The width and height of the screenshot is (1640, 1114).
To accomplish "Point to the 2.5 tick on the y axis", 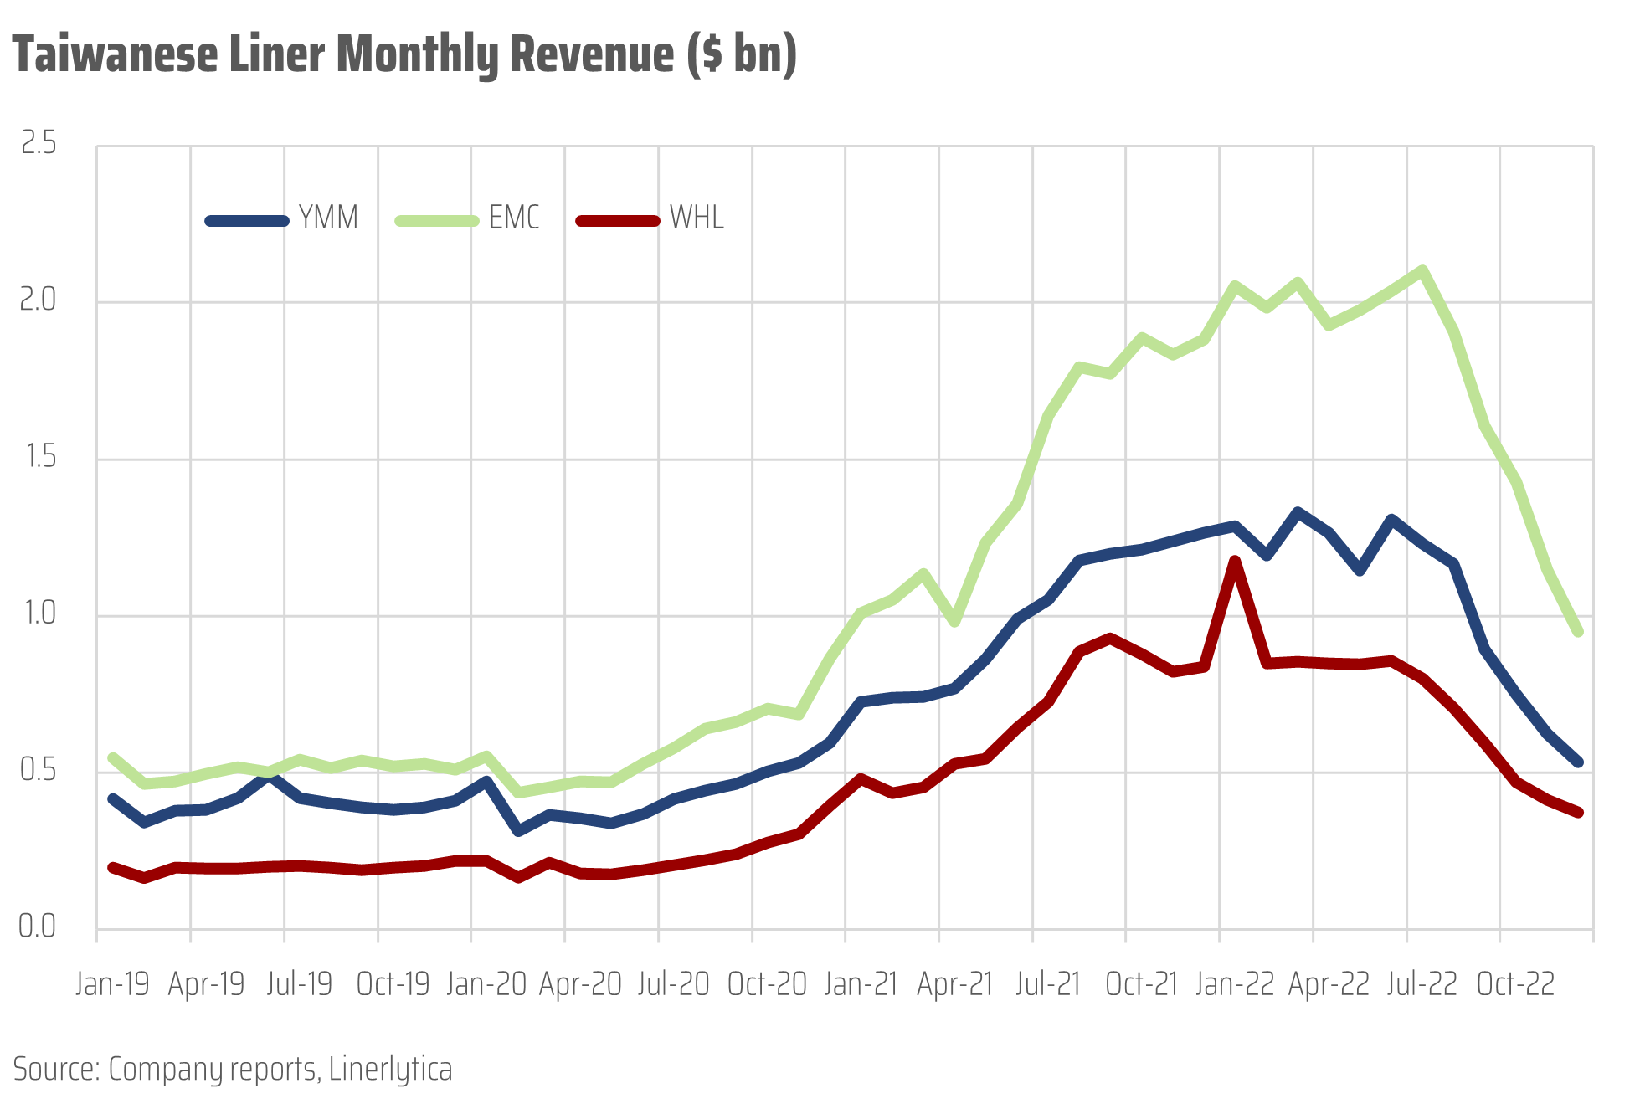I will coord(39,144).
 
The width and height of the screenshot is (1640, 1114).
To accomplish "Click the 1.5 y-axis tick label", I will coord(39,457).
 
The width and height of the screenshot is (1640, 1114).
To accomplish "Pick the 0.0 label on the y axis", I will coord(38,927).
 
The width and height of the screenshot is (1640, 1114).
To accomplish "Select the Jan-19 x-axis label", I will coord(112,984).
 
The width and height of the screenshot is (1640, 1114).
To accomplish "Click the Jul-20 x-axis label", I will coord(673,984).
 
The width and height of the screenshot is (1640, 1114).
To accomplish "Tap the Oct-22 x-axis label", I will coord(1515,984).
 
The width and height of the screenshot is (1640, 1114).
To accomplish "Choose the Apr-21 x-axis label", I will coord(954,984).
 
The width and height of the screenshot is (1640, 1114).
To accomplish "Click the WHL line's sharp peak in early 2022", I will coord(1235,560).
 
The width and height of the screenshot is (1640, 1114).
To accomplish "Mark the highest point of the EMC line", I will coord(1422,270).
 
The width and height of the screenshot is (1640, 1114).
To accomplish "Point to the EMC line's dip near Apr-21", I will coord(954,622).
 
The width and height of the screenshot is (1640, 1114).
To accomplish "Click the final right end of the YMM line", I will coord(1579,762).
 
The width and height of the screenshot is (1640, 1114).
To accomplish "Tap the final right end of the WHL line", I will coord(1579,812).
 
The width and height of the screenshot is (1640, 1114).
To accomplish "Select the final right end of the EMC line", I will coord(1579,632).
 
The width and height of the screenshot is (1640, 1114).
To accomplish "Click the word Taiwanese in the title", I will coord(115,55).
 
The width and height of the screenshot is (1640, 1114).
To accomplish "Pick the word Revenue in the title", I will coord(592,55).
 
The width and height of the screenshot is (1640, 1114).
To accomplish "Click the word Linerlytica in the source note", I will coord(390,1070).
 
